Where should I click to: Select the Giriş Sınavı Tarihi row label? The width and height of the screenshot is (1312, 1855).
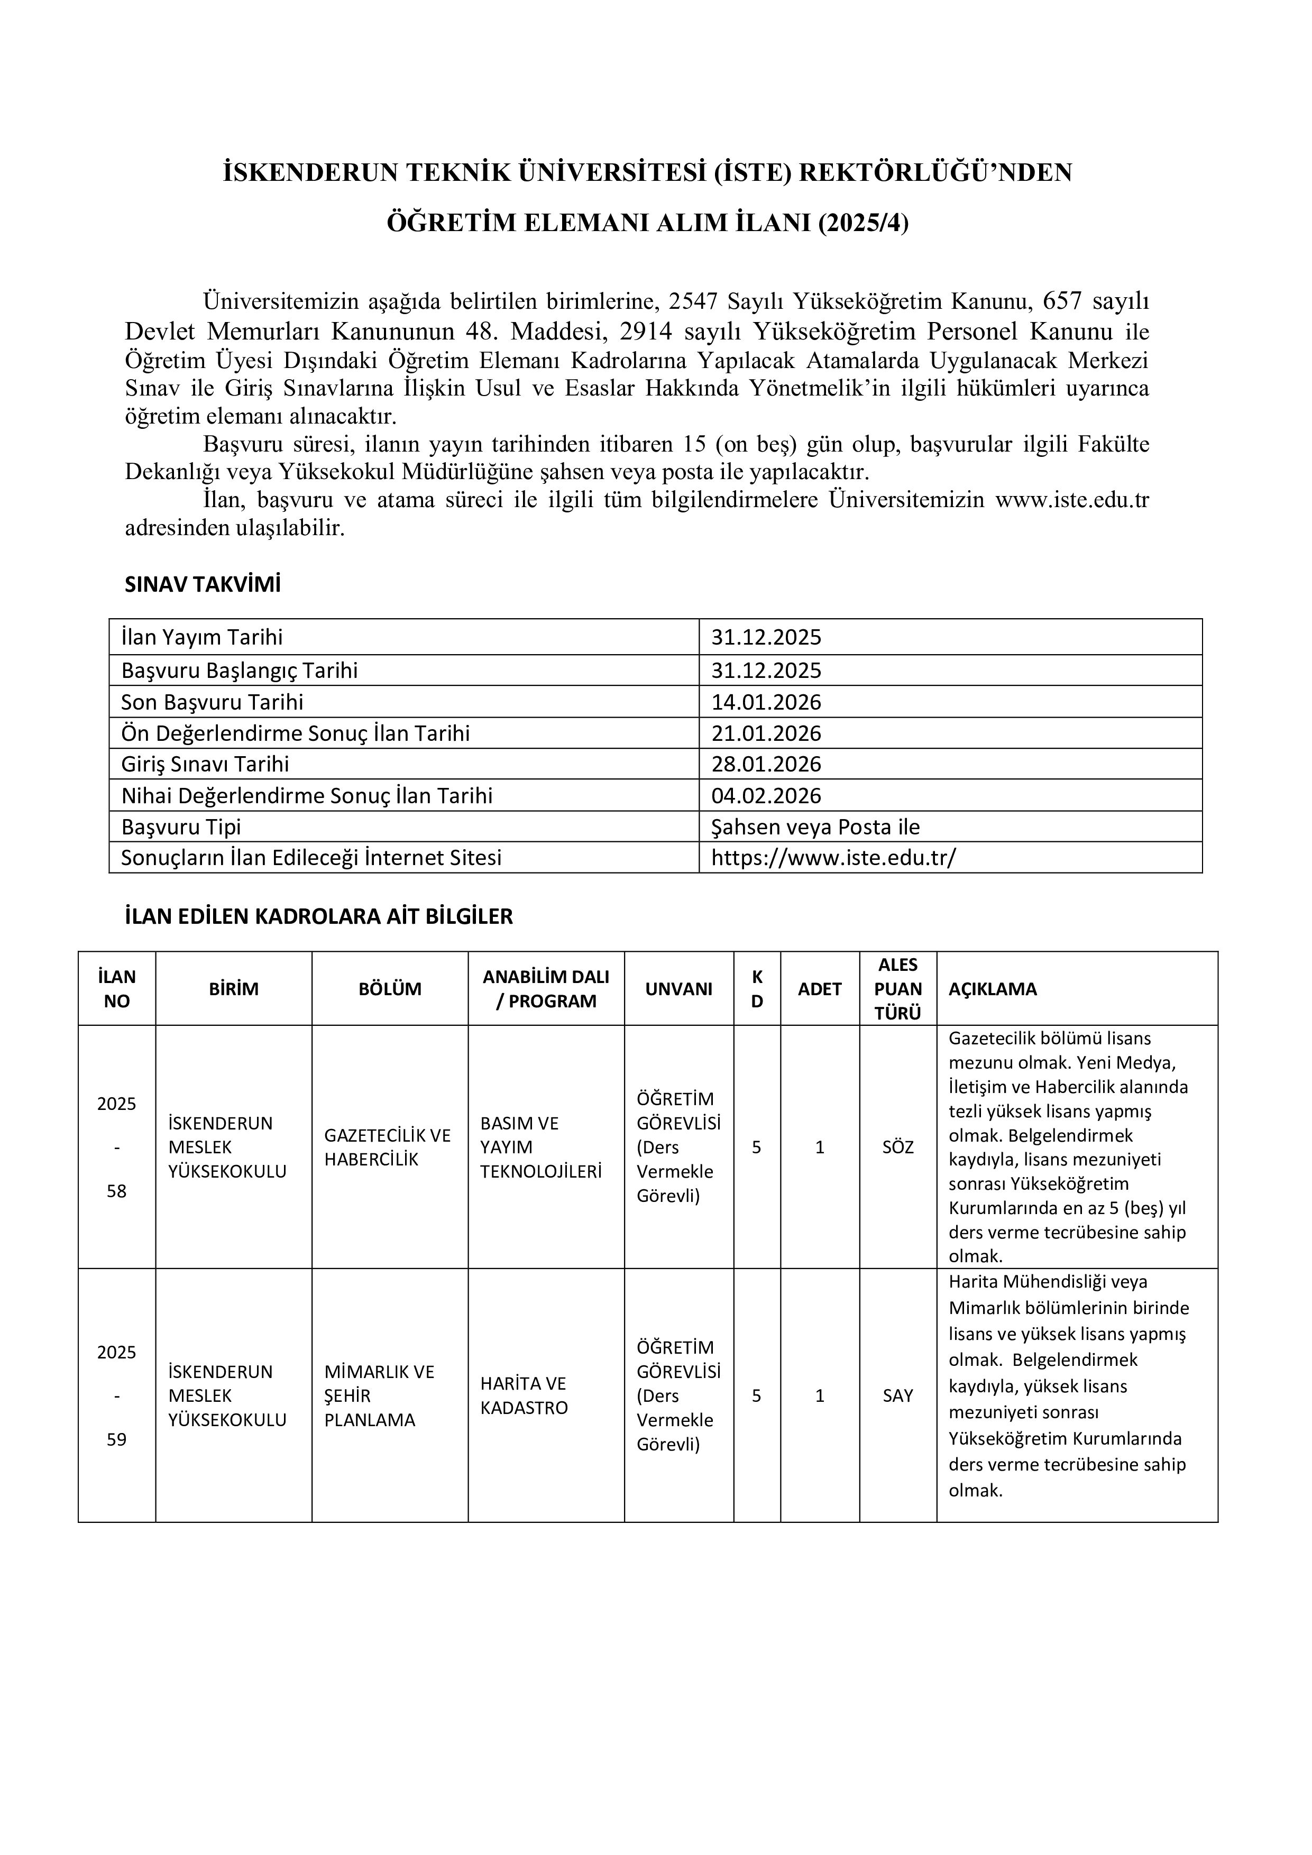205,764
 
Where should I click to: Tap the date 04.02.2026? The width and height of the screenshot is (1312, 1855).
766,796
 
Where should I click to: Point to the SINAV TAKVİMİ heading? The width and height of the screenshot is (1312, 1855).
203,585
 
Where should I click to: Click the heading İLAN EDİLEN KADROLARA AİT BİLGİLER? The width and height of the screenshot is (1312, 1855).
319,916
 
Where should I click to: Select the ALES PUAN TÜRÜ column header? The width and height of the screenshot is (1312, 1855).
897,989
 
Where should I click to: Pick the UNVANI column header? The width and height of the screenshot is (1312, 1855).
678,989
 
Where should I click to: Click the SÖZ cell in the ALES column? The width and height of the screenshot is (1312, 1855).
897,1147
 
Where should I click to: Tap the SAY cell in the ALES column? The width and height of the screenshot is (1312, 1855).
897,1395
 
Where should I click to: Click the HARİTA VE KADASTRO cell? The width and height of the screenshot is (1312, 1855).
524,1395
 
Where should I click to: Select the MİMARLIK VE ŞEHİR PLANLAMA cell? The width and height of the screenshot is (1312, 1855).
380,1395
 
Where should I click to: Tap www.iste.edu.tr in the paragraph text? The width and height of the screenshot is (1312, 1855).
1071,500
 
